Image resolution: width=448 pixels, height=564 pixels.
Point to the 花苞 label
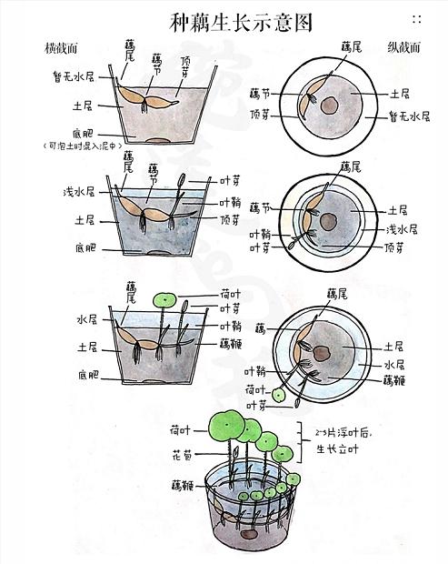tap(180, 451)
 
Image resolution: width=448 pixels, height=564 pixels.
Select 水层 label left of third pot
tap(86, 319)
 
